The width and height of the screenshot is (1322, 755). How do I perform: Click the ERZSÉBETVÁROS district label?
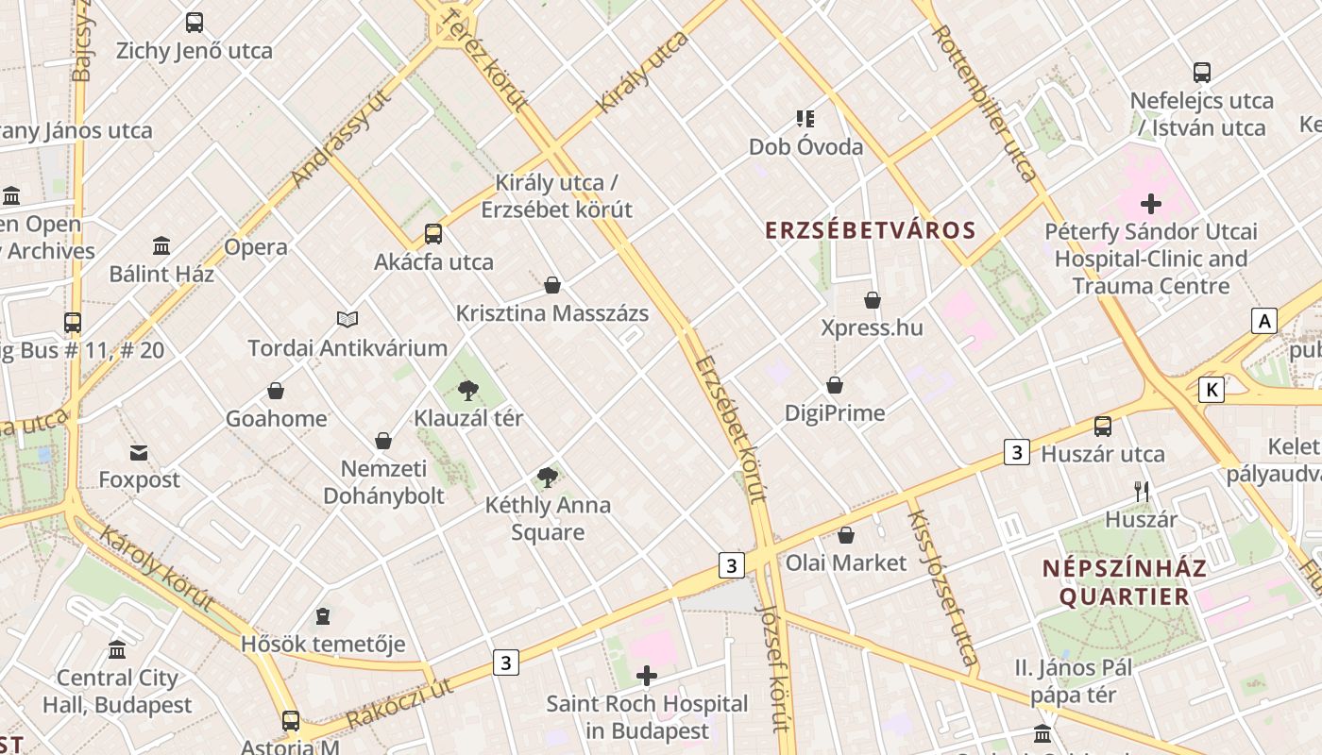(x=870, y=230)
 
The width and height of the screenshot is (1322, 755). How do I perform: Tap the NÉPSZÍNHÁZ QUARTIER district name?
(x=1125, y=582)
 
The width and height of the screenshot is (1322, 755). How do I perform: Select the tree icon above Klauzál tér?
(x=467, y=391)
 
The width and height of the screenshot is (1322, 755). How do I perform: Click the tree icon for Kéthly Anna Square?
(x=547, y=478)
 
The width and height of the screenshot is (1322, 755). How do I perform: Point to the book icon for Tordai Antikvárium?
(x=347, y=320)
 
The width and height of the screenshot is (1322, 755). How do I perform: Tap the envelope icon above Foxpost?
(x=139, y=453)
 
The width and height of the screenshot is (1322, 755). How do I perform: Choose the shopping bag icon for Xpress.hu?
(x=872, y=300)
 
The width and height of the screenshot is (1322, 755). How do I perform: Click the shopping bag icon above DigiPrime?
(x=835, y=385)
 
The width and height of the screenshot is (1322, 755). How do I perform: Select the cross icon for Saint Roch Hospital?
(x=647, y=676)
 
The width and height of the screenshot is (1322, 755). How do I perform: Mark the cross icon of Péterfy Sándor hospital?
(x=1150, y=203)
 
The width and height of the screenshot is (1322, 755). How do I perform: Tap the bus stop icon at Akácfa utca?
(x=432, y=234)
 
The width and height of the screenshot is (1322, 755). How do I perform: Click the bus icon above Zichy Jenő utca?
(x=195, y=23)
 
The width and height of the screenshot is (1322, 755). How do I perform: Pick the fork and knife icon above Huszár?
(x=1142, y=491)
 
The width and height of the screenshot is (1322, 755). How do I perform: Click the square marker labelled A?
(x=1263, y=321)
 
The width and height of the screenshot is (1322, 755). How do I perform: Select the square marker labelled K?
(x=1212, y=389)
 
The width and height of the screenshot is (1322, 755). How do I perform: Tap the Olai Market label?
(x=846, y=562)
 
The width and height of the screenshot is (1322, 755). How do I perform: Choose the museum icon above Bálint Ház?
(x=161, y=246)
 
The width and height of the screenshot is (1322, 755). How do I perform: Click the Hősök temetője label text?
(x=323, y=645)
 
